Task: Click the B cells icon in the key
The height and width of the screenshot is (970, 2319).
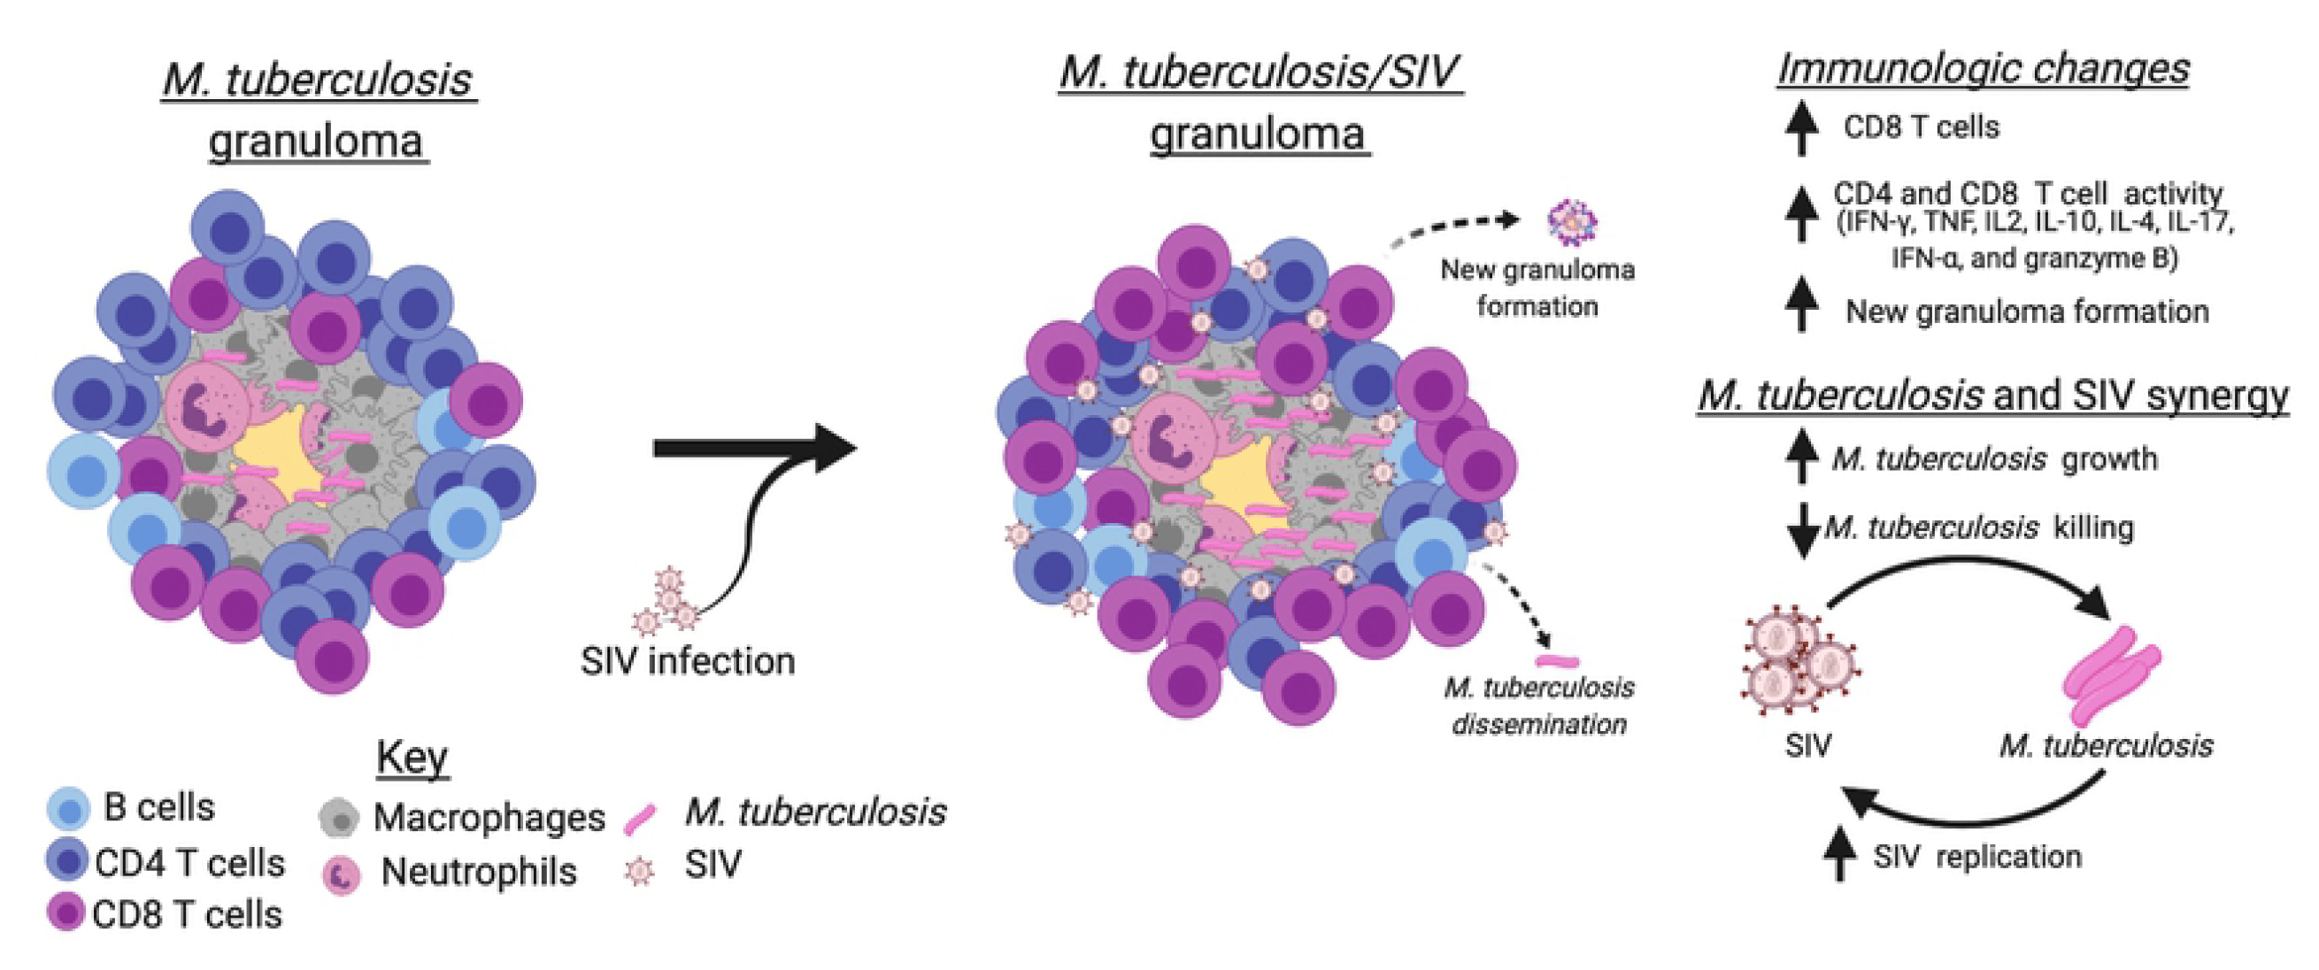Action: coord(68,807)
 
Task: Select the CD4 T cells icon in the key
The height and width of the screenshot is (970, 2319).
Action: coord(67,860)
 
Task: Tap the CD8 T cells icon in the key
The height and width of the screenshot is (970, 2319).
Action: coord(65,912)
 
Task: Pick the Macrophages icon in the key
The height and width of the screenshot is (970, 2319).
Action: coord(339,817)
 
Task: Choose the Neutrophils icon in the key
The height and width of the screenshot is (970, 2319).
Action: coord(342,874)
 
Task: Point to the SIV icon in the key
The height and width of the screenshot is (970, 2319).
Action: coord(640,870)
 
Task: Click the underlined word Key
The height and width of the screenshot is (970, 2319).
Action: coord(412,758)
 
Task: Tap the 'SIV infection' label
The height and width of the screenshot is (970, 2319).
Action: coord(688,661)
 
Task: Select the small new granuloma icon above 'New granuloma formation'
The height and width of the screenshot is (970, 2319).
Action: coord(1572,221)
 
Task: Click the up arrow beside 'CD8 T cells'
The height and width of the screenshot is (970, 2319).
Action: coord(1801,127)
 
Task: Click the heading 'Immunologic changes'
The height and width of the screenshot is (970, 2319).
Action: coord(1984,68)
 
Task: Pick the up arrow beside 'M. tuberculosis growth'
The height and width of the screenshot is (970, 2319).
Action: coord(1801,455)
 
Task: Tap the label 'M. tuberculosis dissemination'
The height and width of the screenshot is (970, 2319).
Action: coord(1539,705)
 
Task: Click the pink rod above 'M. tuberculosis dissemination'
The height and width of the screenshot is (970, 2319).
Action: coord(1557,662)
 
